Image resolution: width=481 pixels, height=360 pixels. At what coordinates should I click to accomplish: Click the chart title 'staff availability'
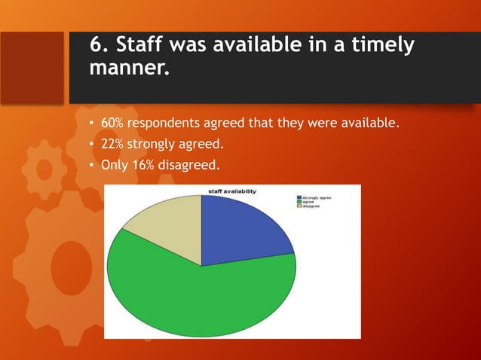click(231, 191)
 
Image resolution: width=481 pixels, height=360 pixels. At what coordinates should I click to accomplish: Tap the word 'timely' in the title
click(381, 45)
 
